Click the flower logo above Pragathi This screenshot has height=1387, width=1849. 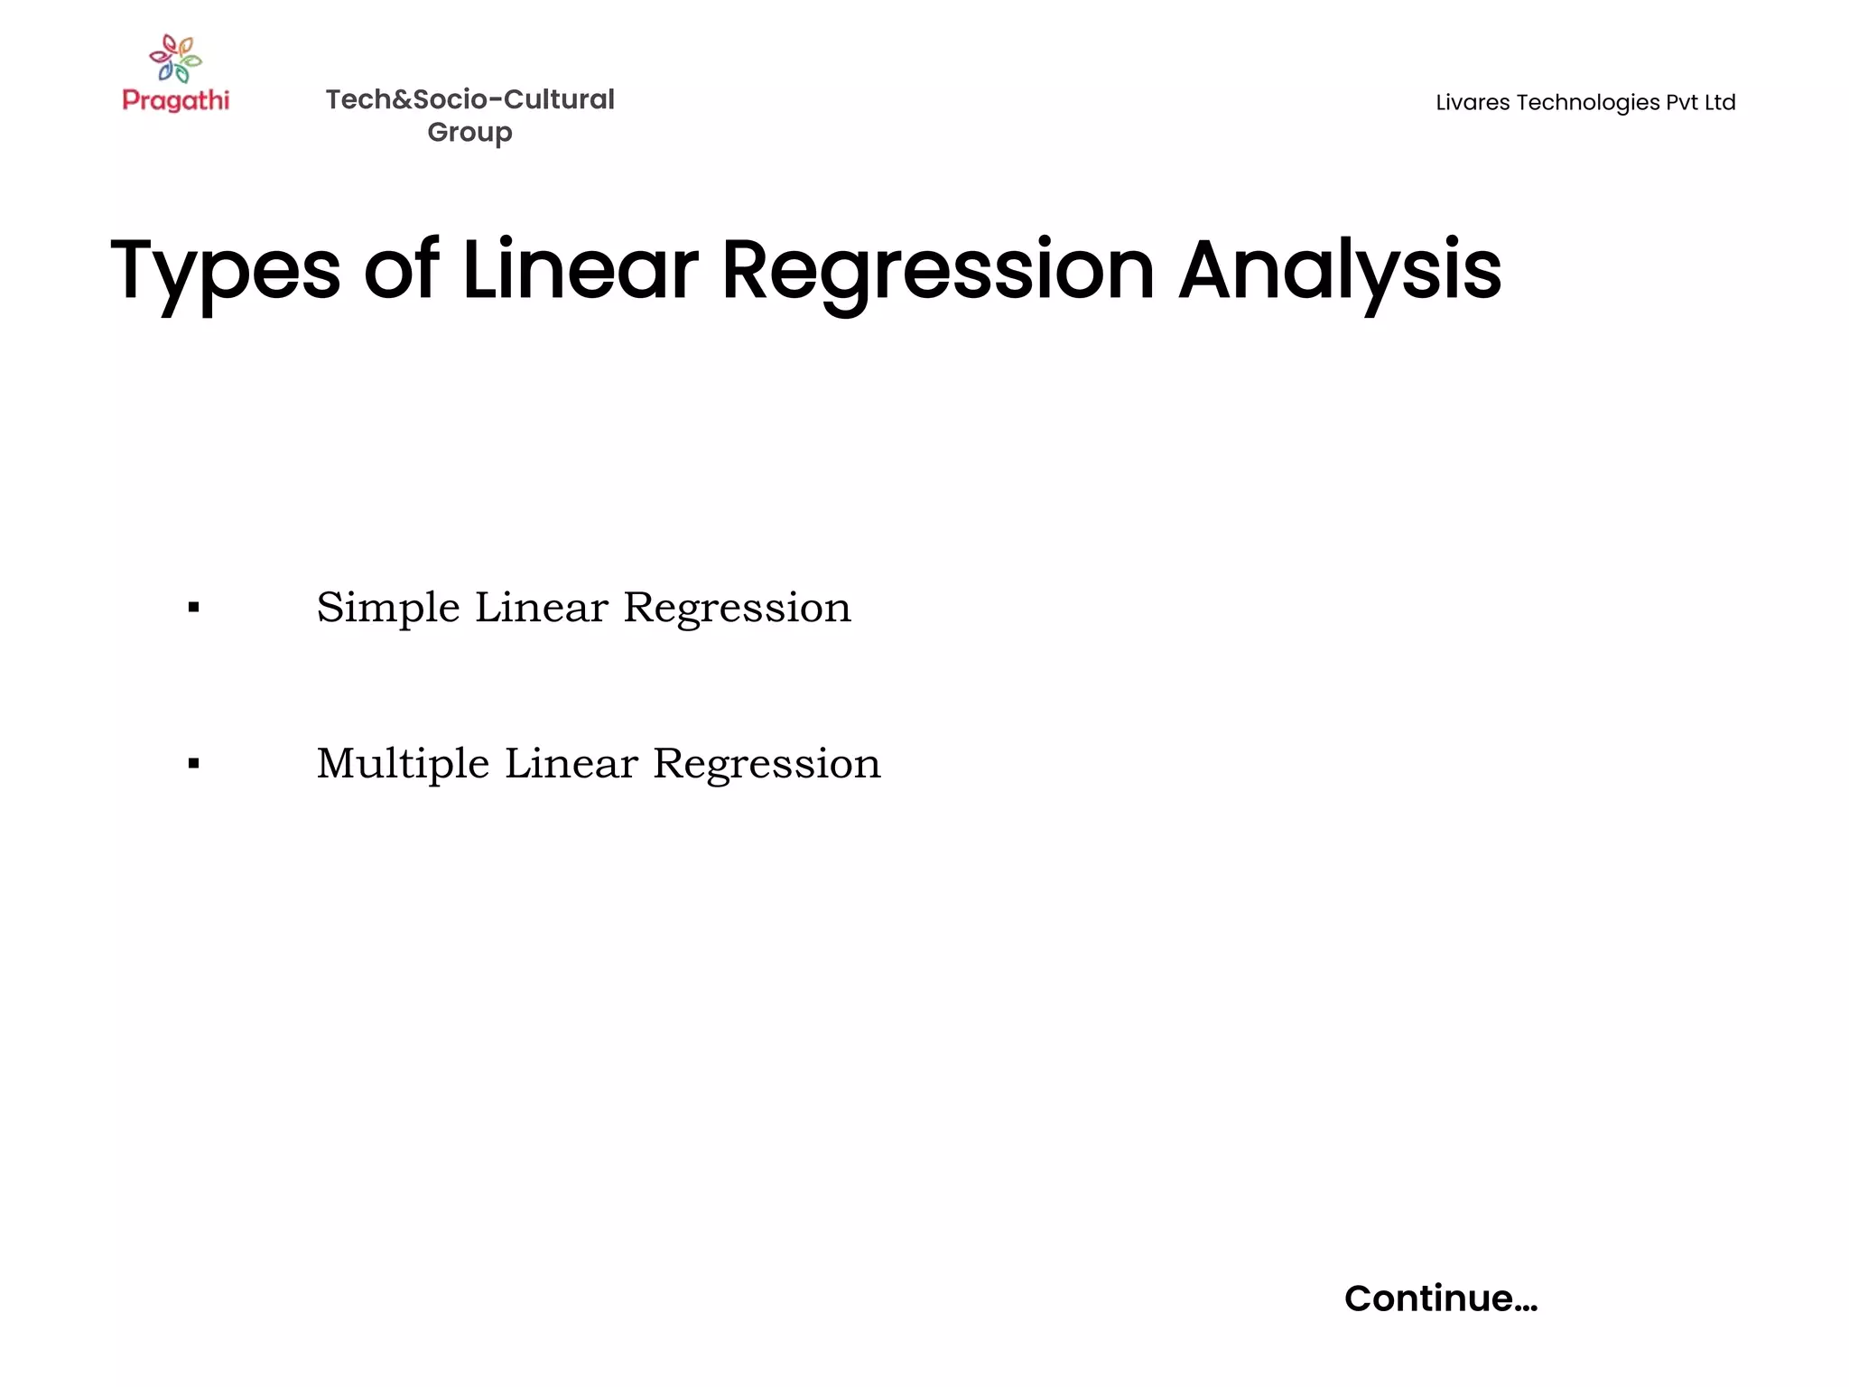(x=176, y=59)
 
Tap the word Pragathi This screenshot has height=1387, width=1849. (x=176, y=100)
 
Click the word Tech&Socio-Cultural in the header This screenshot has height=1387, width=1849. (x=469, y=99)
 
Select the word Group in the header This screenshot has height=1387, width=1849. (x=469, y=133)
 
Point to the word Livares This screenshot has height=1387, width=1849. (x=1473, y=103)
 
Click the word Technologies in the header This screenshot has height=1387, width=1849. (x=1588, y=103)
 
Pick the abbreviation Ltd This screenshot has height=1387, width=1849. (x=1720, y=103)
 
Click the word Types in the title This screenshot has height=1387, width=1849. (x=226, y=271)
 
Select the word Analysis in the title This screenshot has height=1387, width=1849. (x=1340, y=271)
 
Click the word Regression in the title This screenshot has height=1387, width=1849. (x=938, y=271)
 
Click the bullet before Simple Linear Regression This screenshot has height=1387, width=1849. (x=193, y=608)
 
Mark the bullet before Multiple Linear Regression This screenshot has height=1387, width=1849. (x=193, y=764)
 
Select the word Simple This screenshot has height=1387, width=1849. (x=388, y=608)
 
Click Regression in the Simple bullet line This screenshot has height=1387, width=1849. (x=737, y=608)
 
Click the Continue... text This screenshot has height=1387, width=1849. (x=1440, y=1299)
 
